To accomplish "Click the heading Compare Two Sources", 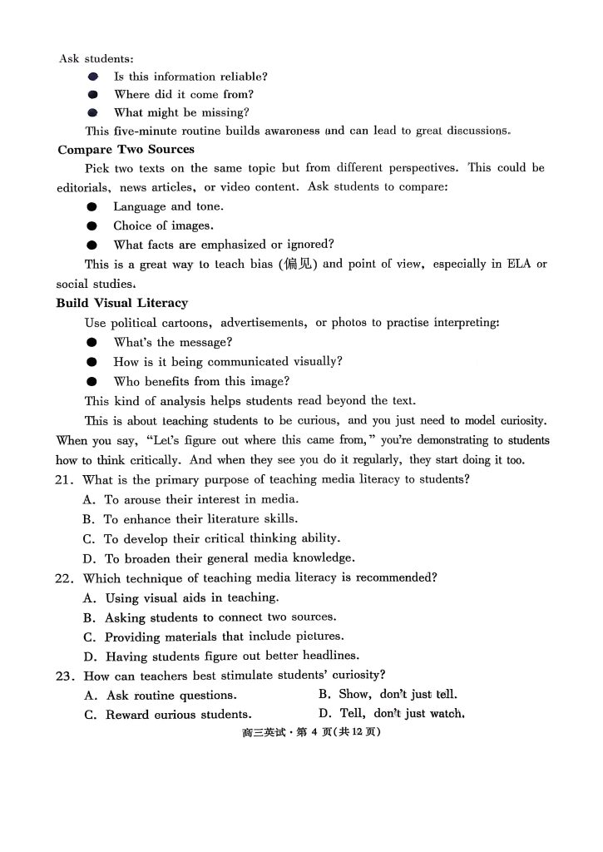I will (x=126, y=150).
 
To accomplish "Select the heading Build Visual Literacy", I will (x=121, y=303).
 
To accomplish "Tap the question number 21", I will (x=66, y=480).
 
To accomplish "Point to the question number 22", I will (x=66, y=578).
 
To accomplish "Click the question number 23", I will (x=66, y=676).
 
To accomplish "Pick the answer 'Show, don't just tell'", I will (x=388, y=694).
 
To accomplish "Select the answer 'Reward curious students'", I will (x=168, y=715).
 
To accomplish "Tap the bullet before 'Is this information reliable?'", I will (x=93, y=77).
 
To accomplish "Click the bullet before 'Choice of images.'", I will (x=92, y=225).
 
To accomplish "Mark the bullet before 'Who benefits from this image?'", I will (x=92, y=382).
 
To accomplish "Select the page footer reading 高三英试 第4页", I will (x=300, y=733).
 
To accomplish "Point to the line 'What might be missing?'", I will (x=181, y=113).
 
